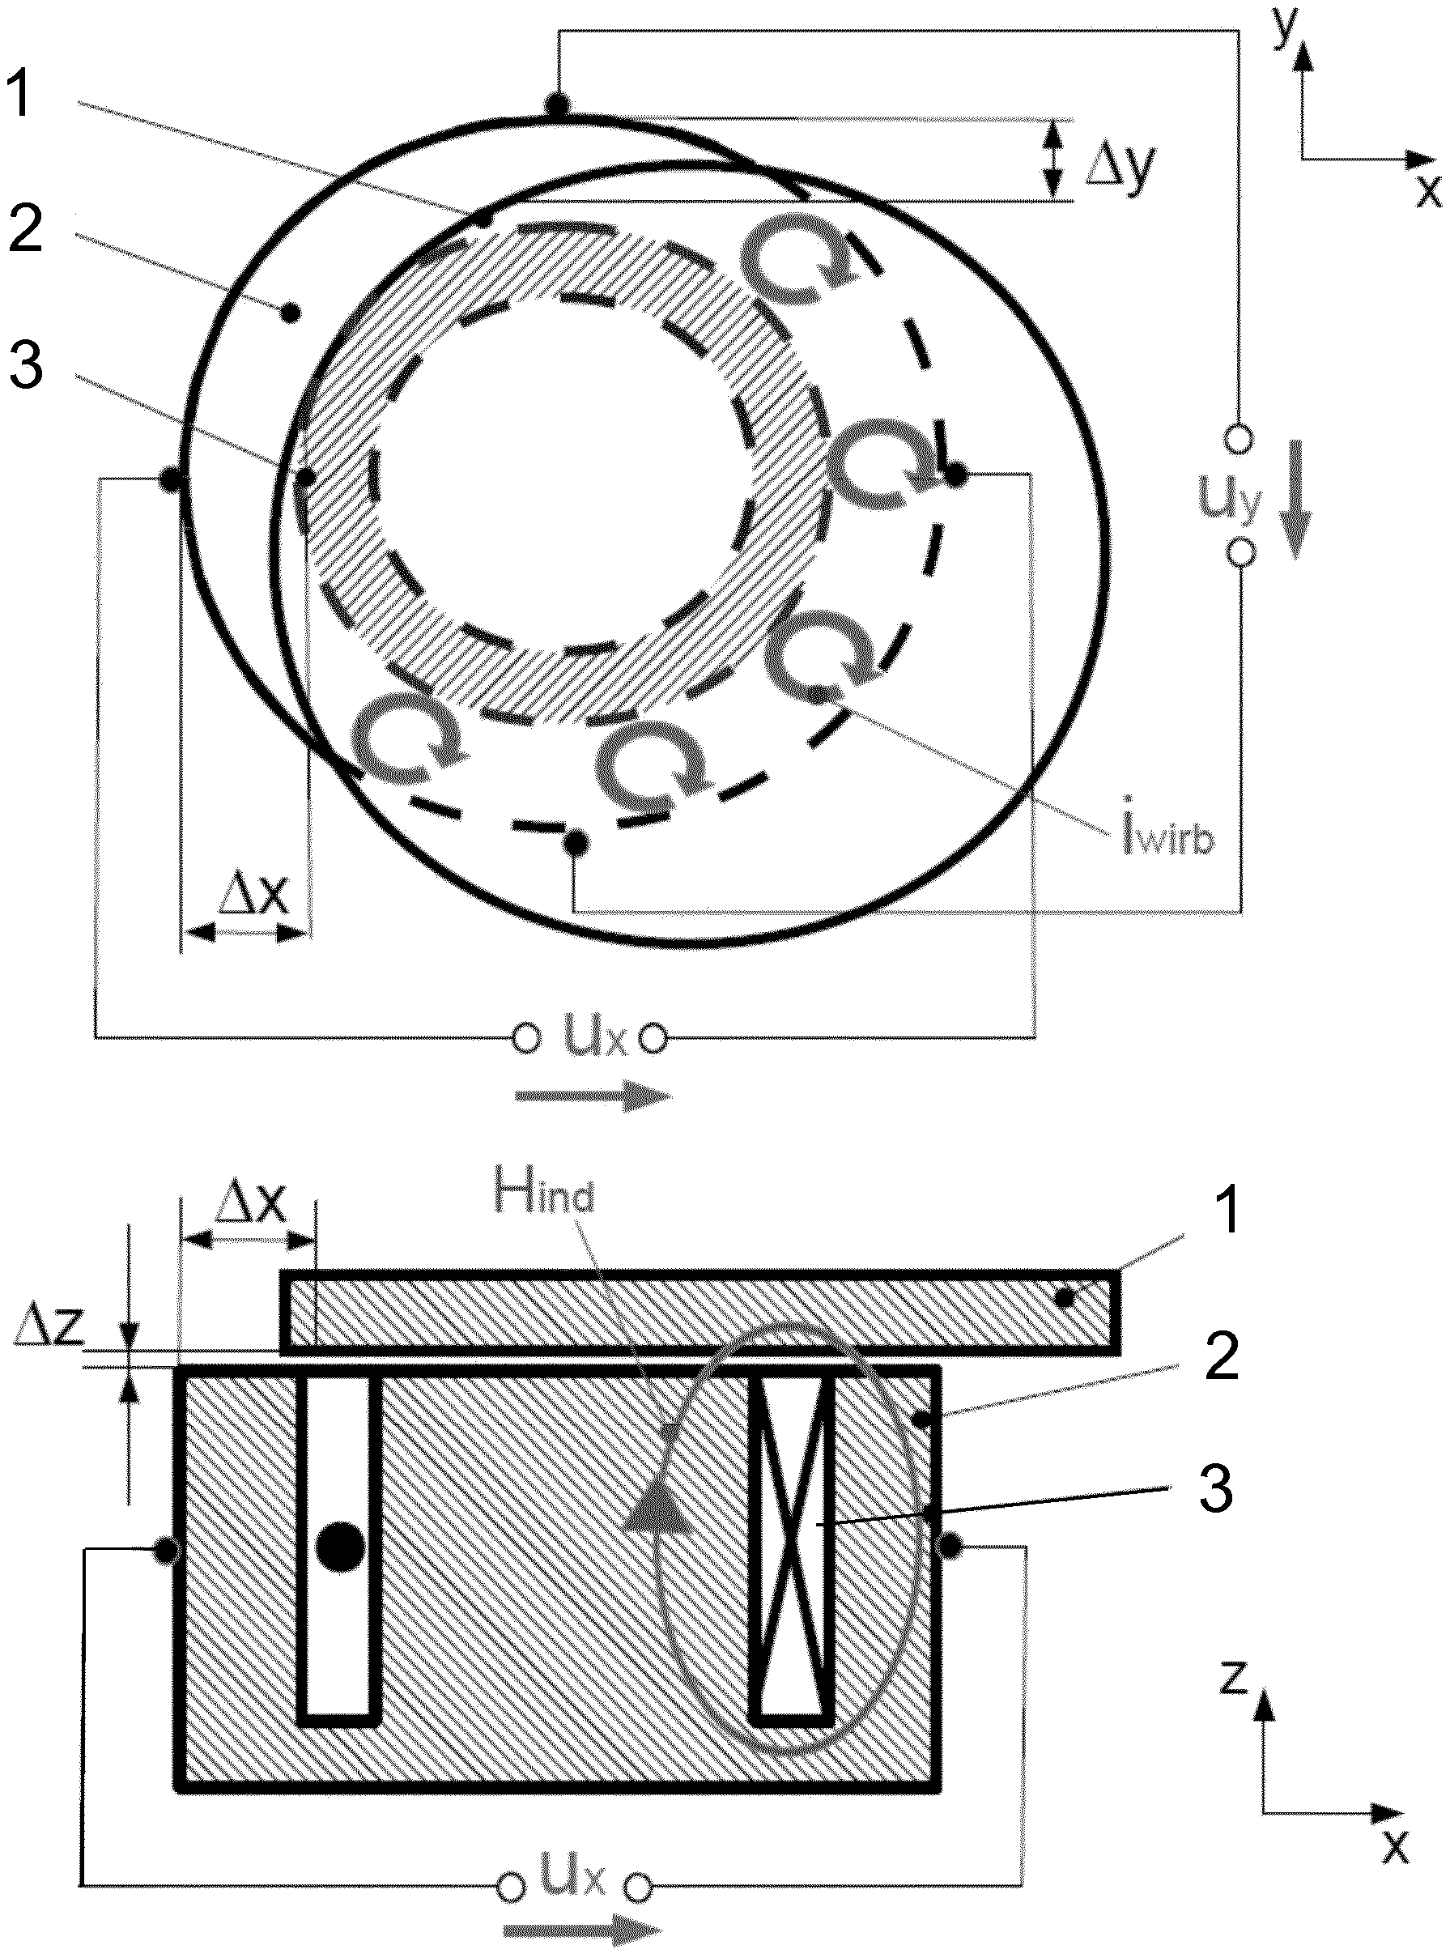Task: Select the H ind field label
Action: click(x=544, y=1197)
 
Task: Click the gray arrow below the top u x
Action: click(x=593, y=1097)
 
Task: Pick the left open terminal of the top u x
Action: click(x=525, y=1039)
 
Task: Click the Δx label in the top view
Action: click(x=253, y=899)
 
